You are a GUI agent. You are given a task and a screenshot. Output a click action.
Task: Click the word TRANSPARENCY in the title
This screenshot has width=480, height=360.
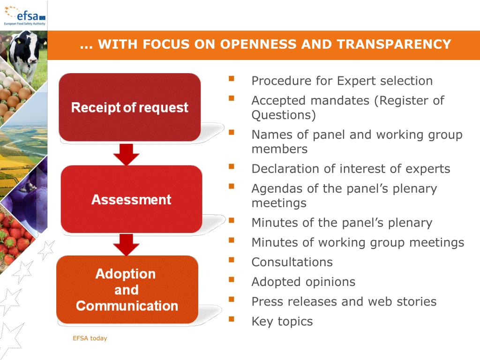tap(394, 45)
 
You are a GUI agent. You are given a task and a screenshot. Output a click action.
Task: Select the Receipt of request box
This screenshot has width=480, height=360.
tap(129, 107)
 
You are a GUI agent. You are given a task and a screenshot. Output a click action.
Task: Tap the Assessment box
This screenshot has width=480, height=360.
tap(131, 199)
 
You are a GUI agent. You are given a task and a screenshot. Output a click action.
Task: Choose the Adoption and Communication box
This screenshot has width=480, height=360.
tap(127, 290)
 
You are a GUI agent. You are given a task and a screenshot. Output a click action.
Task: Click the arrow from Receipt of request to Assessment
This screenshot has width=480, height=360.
tap(126, 154)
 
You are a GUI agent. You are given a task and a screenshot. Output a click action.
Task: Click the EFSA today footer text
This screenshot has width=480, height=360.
tap(90, 338)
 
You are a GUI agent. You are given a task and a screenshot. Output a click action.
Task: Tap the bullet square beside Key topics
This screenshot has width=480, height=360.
tap(231, 319)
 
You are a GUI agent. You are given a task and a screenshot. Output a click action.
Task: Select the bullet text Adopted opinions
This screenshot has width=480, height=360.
tap(303, 282)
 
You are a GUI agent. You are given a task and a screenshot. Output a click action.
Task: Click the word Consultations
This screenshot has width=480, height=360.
tap(292, 262)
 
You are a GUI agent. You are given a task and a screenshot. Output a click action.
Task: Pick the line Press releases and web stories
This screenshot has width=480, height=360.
tap(344, 301)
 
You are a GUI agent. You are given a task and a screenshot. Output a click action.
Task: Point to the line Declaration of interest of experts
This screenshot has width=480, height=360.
tap(351, 169)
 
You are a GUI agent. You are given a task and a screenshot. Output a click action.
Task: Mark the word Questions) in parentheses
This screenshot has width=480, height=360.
tap(284, 115)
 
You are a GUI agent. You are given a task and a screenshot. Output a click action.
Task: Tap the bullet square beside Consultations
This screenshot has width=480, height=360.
tap(231, 260)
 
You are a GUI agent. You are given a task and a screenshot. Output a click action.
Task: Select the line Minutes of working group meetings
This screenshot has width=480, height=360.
tap(358, 242)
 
